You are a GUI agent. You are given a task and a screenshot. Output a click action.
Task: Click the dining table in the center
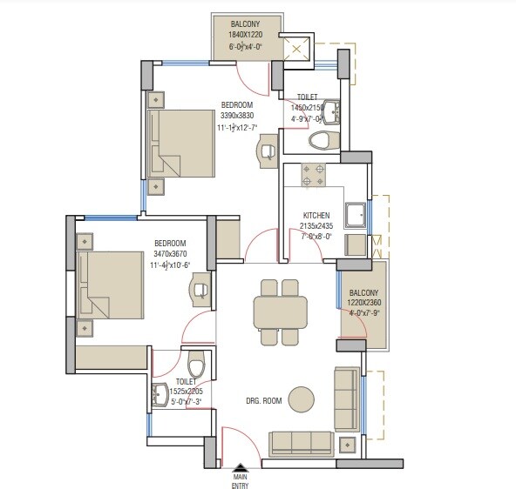(x=279, y=311)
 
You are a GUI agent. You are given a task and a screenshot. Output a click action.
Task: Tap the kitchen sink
(x=356, y=212)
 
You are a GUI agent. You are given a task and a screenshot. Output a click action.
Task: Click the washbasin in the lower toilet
(x=162, y=395)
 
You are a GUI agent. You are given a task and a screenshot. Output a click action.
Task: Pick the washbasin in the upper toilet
(x=334, y=111)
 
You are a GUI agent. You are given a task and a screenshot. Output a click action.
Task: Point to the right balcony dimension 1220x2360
(x=364, y=303)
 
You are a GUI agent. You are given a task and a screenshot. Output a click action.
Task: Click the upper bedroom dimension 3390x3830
(x=237, y=115)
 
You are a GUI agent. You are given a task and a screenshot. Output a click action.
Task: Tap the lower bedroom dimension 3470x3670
(x=171, y=254)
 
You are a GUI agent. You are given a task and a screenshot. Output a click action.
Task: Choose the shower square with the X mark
(x=302, y=52)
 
